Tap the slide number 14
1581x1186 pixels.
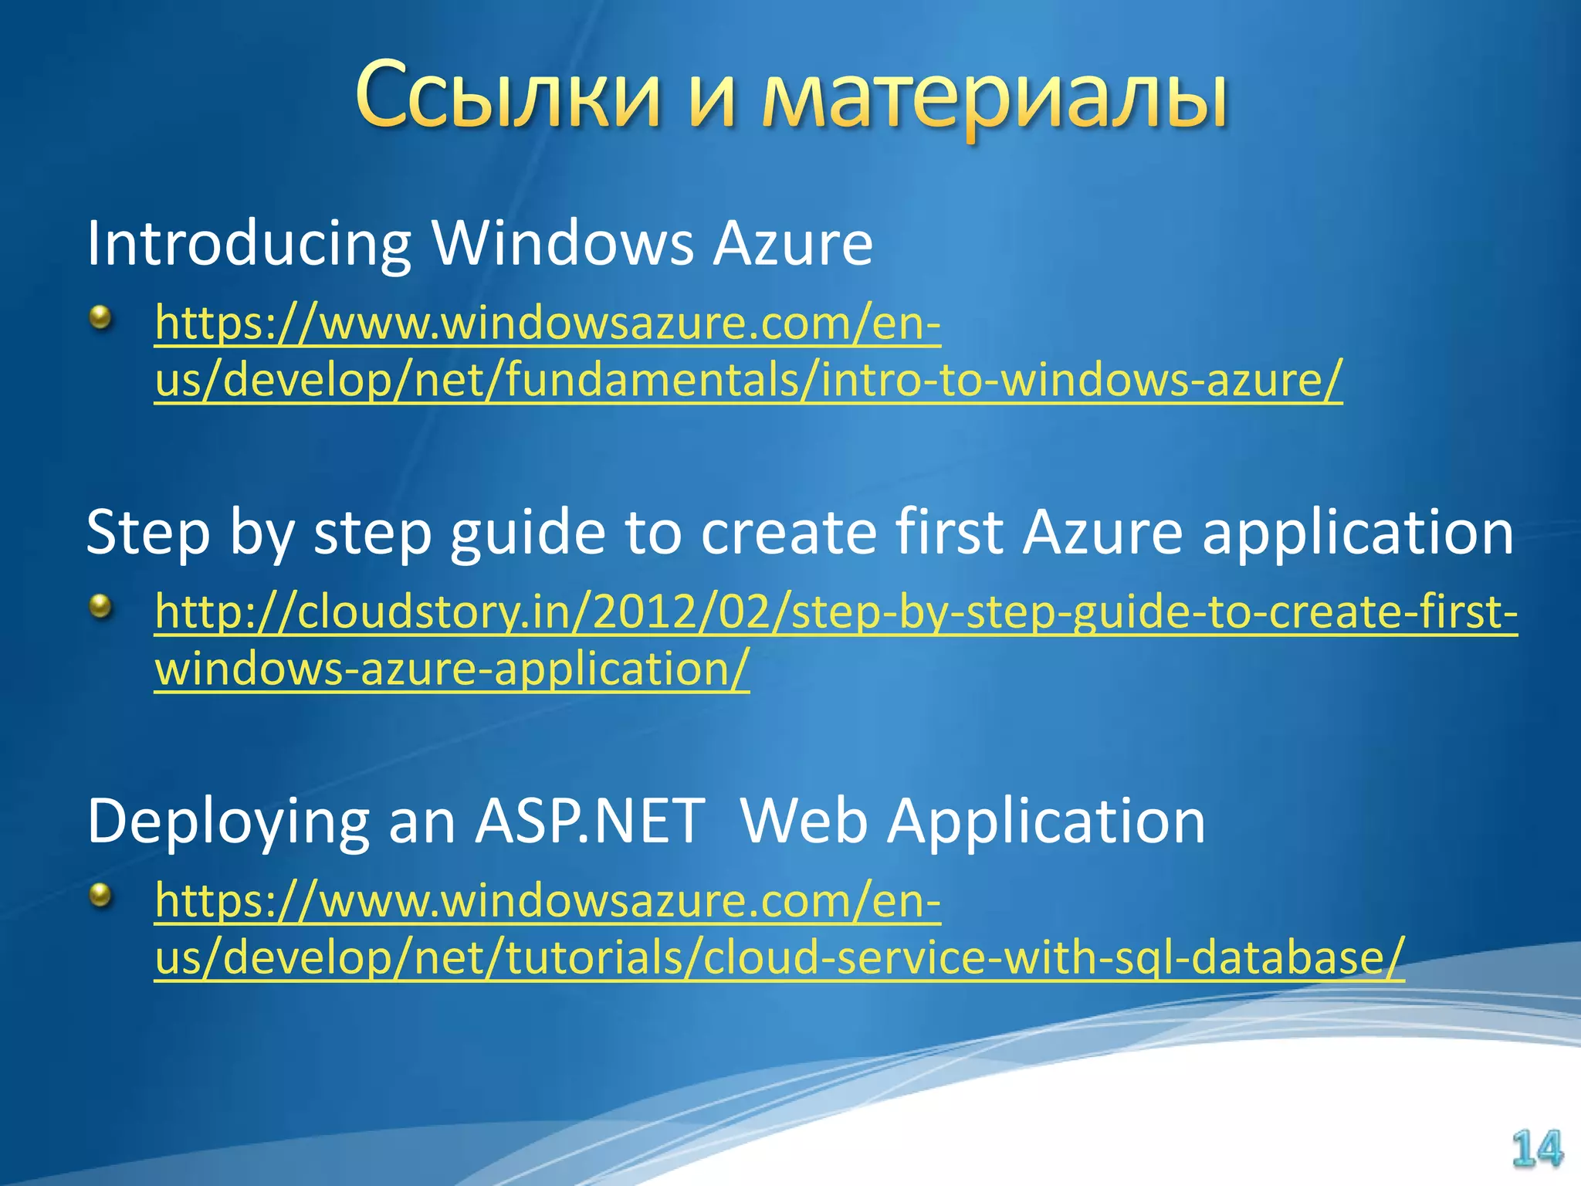(1536, 1149)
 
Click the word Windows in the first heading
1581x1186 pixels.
(563, 244)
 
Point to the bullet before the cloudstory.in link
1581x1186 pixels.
(100, 606)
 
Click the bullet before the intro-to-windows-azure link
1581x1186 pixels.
(100, 317)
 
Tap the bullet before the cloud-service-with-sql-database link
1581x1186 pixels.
(100, 896)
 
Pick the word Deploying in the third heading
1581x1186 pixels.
(229, 823)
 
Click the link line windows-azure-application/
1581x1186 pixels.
(452, 669)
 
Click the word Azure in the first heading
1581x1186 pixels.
(792, 244)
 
